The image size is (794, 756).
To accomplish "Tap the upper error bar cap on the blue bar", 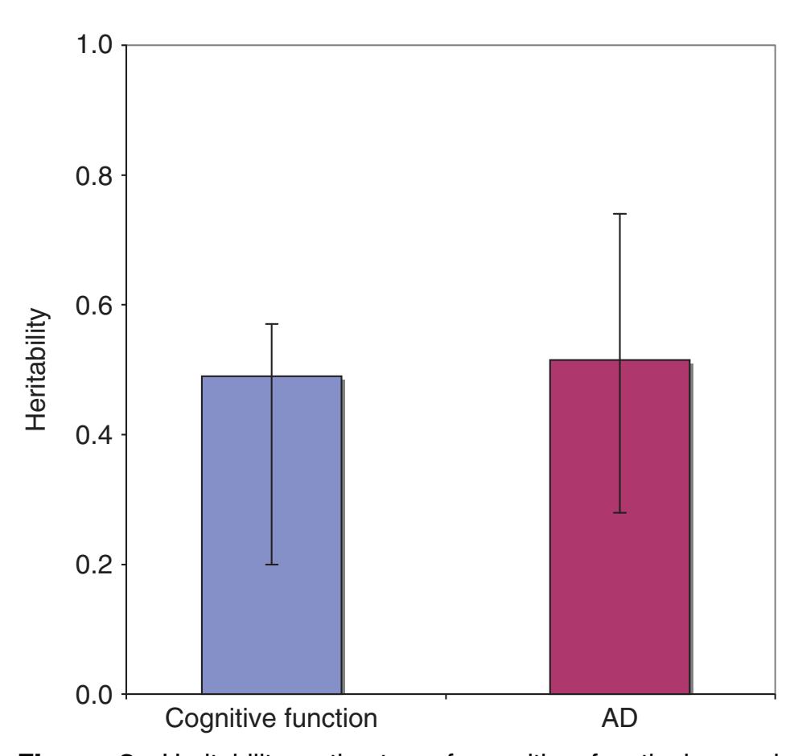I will (272, 324).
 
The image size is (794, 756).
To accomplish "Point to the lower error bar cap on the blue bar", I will (272, 565).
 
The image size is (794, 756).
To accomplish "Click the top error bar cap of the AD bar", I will (620, 214).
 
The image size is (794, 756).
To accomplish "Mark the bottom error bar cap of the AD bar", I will (620, 512).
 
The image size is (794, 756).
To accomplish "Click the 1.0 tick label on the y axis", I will (88, 46).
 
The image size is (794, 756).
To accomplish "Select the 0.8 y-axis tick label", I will (88, 175).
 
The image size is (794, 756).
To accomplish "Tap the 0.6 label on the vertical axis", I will (88, 306).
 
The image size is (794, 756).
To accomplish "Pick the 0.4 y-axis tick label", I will (88, 435).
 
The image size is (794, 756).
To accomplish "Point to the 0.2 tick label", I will (88, 565).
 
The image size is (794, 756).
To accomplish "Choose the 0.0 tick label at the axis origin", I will (88, 695).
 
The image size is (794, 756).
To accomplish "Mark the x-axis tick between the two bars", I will (446, 698).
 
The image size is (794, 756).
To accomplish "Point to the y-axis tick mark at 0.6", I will (122, 306).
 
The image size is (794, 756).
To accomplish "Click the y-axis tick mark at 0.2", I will (122, 565).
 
